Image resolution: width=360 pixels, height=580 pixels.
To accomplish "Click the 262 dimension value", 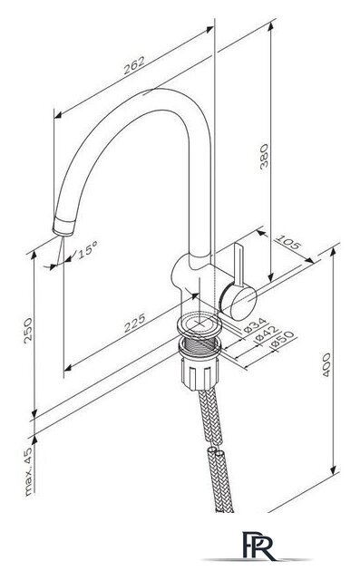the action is point(134,65).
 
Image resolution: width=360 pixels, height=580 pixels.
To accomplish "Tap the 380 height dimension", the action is point(264,156).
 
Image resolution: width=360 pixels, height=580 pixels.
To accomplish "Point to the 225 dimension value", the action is point(134,323).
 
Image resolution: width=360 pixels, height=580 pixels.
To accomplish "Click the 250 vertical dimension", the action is point(28,330).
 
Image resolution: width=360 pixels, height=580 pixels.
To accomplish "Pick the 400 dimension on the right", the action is point(326,364).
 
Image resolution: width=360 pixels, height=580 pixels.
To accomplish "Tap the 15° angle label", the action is point(87,250).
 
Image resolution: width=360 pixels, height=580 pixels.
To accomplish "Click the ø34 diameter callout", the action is point(256,324).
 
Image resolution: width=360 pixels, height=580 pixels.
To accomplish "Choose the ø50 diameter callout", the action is point(282,340).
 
